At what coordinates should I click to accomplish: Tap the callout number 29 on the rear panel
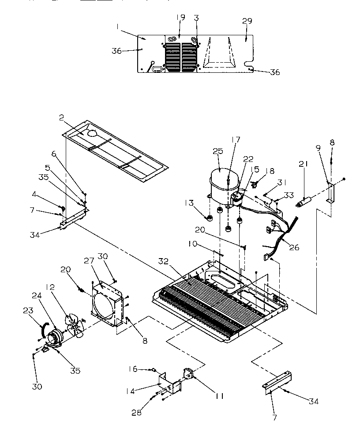click(x=247, y=22)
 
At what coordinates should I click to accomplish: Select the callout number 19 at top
click(x=180, y=18)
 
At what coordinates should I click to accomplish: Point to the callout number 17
click(x=236, y=140)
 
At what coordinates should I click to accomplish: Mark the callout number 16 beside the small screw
click(x=133, y=369)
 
